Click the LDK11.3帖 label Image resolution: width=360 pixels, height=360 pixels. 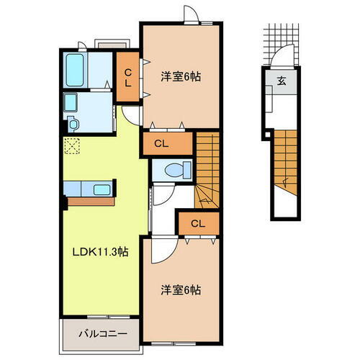pyautogui.click(x=99, y=253)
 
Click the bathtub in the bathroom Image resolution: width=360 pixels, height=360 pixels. pyautogui.click(x=76, y=70)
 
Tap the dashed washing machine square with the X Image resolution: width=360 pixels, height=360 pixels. pyautogui.click(x=73, y=147)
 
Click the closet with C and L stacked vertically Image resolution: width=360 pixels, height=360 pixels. pyautogui.click(x=127, y=76)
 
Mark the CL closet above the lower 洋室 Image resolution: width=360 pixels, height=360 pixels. pyautogui.click(x=197, y=223)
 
